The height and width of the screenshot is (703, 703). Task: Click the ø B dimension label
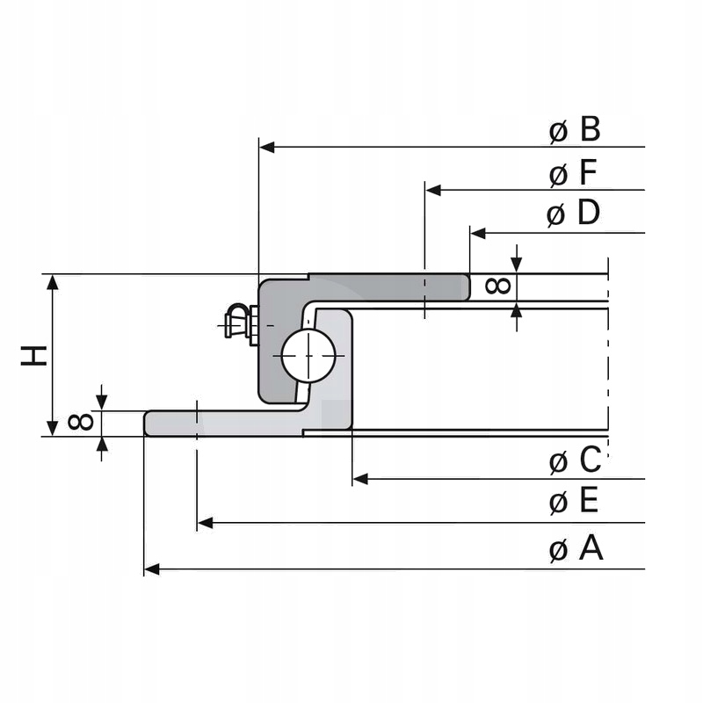(575, 131)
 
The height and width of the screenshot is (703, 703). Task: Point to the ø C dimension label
(575, 460)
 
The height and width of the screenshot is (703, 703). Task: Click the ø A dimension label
(576, 549)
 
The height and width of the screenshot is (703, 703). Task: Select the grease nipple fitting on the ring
(237, 322)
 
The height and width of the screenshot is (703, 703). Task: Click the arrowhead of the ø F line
(432, 190)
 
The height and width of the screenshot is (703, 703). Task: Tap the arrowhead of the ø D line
(478, 233)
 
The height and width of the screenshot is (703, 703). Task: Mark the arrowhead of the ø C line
(359, 478)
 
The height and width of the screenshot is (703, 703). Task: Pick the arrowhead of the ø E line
(205, 523)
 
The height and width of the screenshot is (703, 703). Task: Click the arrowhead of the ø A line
(151, 569)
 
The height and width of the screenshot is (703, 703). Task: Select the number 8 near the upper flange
(497, 286)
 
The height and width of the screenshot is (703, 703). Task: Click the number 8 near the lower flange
(81, 423)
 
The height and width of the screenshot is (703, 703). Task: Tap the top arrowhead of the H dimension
(53, 282)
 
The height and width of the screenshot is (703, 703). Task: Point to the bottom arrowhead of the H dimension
(53, 428)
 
